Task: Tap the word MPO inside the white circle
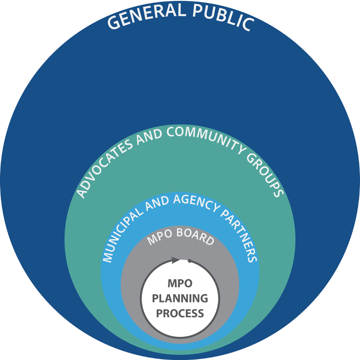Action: tap(180, 284)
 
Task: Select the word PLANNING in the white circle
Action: tap(180, 298)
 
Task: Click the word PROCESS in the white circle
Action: tap(180, 313)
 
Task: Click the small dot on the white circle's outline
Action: tap(189, 261)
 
